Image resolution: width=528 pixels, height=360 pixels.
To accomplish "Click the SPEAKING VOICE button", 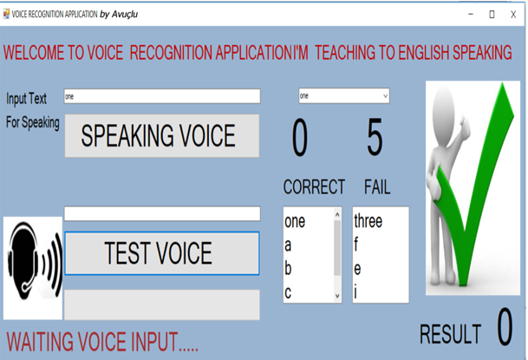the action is coord(162,135).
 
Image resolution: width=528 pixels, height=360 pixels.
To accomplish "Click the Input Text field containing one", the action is coord(162,96).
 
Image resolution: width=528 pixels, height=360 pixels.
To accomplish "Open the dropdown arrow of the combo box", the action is coord(385,96).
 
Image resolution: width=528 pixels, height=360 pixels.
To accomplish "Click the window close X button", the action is coord(513,14).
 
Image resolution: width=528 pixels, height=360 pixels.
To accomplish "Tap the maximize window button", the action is coord(492,14).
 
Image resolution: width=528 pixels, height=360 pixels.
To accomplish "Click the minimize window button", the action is coord(471,14).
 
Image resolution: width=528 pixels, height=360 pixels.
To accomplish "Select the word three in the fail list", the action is coord(368,221).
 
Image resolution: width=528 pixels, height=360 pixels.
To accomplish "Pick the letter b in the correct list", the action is coord(288,268).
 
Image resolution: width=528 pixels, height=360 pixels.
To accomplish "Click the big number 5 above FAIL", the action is coord(375,137).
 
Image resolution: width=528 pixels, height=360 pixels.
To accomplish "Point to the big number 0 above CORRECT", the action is coord(300,137).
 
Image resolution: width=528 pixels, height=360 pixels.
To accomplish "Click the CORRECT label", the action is coord(314,187).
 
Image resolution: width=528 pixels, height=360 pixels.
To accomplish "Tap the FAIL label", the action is coord(377,187).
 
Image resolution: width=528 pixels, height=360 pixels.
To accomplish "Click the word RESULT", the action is coord(450,334).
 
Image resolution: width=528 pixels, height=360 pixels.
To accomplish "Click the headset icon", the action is coord(33,261).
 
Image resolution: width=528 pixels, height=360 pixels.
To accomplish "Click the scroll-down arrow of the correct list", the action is coord(337,296).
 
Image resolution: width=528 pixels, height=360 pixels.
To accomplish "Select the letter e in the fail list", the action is coord(357,269).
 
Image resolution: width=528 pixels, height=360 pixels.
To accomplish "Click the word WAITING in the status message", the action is coord(40,342).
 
